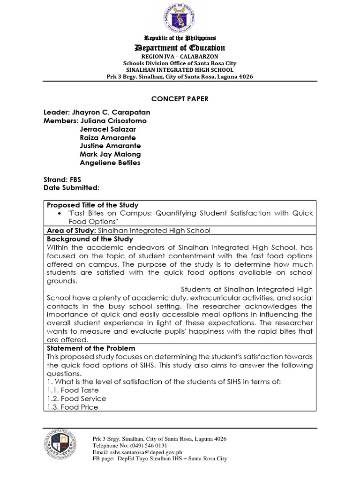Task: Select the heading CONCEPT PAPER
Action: coord(180,99)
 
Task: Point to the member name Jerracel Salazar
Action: coord(107,129)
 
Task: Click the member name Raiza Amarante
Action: coord(108,138)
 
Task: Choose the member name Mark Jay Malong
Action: coord(110,154)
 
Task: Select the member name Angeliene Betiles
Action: coord(110,163)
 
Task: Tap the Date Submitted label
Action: coord(71,188)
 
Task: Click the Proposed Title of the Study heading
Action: coord(92,205)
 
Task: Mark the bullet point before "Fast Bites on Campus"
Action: coord(60,214)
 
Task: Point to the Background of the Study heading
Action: coord(90,239)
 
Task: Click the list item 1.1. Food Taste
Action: coord(73,390)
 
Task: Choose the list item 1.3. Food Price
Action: coord(73,407)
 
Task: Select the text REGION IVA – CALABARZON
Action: coord(180,56)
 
